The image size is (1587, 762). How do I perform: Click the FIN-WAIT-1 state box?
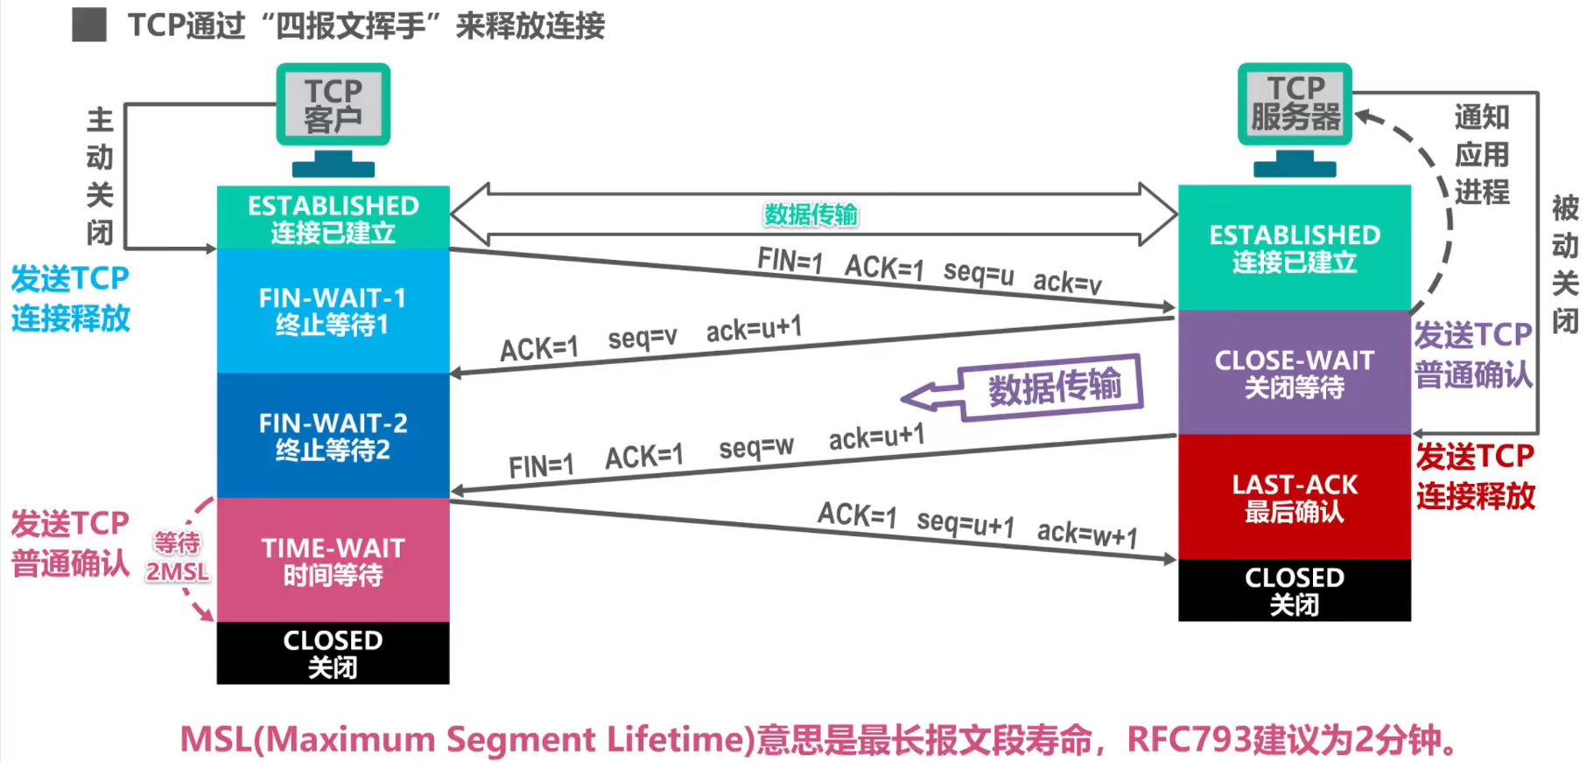(x=333, y=311)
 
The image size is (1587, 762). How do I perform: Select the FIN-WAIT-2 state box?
(x=333, y=436)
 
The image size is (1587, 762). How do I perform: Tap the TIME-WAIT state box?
(x=333, y=561)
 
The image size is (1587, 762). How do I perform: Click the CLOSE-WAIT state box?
(x=1294, y=373)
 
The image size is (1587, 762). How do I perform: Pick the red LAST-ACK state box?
(x=1294, y=497)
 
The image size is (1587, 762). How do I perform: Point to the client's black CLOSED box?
(x=333, y=653)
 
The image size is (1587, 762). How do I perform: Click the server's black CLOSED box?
(x=1294, y=591)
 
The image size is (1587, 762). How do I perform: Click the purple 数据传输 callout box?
(x=1053, y=386)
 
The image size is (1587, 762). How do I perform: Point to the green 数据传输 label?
(x=811, y=214)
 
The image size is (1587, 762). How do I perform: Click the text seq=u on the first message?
(x=979, y=273)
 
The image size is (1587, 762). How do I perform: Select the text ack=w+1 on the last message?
(x=1087, y=533)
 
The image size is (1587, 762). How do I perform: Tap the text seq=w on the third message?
(x=756, y=448)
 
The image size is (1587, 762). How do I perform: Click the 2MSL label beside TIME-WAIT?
(x=178, y=572)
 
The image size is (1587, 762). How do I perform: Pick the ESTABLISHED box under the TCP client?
(x=333, y=218)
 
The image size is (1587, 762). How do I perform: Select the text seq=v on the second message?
(x=643, y=338)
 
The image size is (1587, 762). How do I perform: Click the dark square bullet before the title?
(x=89, y=25)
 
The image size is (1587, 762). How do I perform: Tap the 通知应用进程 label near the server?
(x=1481, y=154)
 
